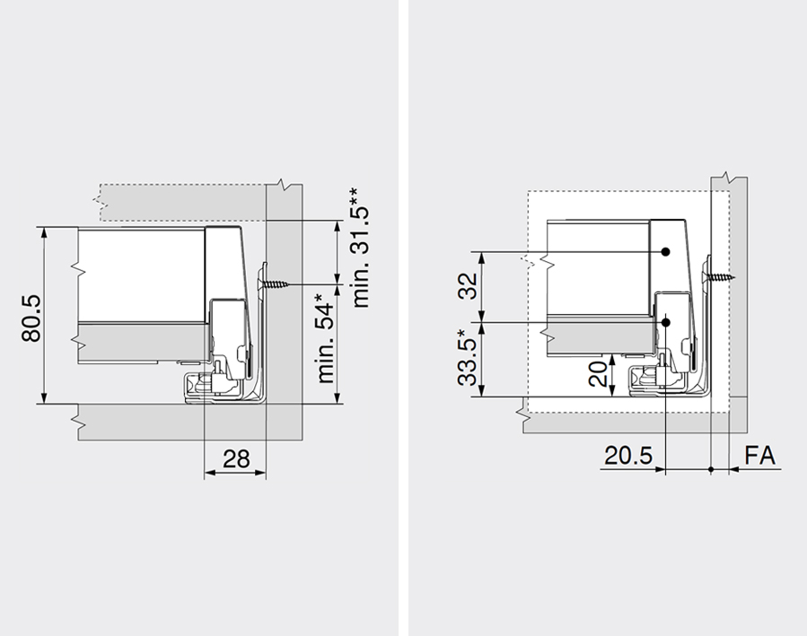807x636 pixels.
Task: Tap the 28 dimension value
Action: click(236, 458)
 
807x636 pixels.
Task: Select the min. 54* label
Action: click(325, 337)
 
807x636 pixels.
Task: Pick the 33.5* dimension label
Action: click(467, 357)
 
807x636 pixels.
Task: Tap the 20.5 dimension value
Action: click(627, 456)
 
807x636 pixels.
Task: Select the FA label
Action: click(759, 456)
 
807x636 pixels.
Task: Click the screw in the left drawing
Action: click(276, 284)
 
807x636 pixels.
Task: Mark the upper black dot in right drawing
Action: click(666, 252)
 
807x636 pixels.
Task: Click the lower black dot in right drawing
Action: click(666, 320)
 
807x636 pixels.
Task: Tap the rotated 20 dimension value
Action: click(598, 373)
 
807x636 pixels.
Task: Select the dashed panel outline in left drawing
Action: click(180, 201)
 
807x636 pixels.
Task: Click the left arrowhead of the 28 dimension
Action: click(209, 474)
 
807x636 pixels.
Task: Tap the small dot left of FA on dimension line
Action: click(711, 469)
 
